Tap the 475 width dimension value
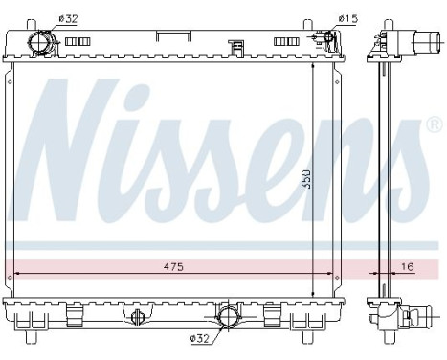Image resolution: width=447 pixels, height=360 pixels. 172,265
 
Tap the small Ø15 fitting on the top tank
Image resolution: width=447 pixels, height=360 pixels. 327,40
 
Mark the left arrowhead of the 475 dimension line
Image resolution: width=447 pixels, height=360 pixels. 20,274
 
